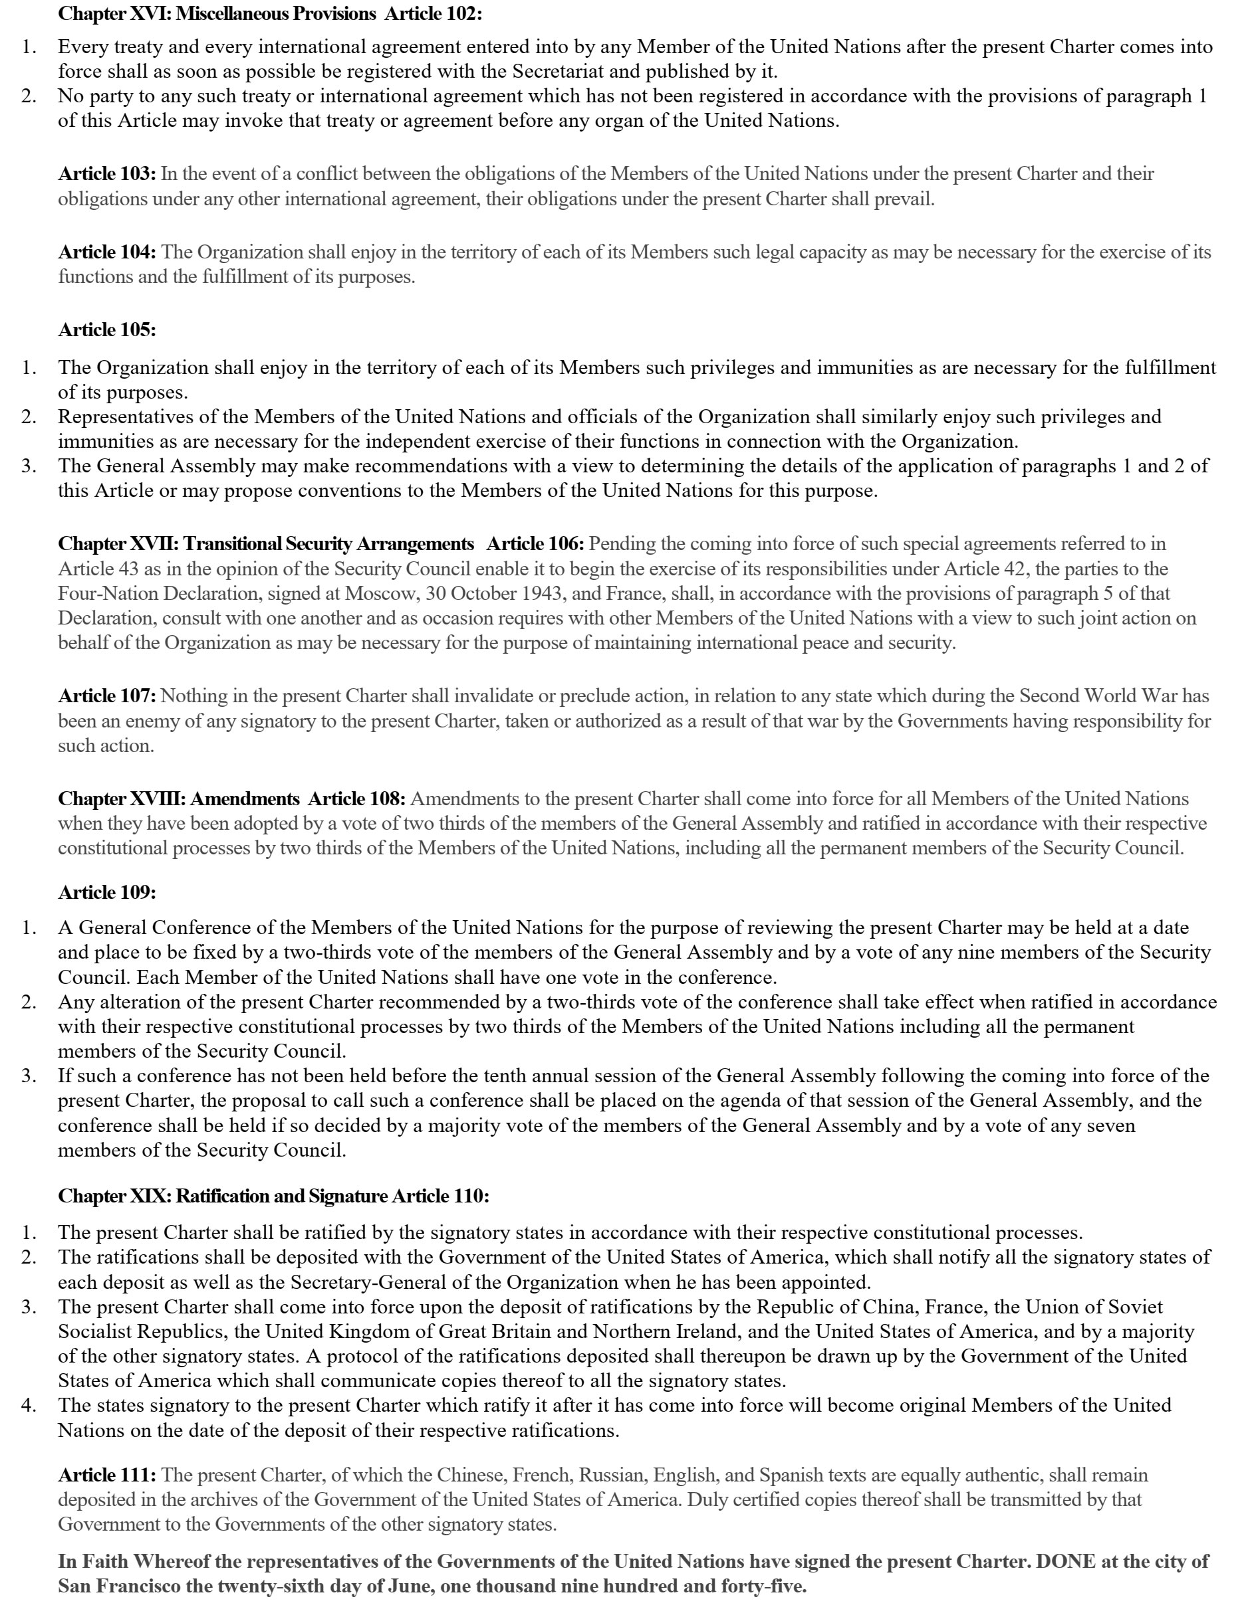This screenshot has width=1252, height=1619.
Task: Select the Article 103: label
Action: (x=107, y=174)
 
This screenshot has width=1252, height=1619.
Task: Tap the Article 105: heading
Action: (x=107, y=330)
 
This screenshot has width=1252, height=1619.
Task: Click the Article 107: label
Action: (x=107, y=696)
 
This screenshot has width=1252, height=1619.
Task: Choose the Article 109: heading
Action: (x=107, y=892)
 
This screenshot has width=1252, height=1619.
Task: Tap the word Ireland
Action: (x=701, y=1331)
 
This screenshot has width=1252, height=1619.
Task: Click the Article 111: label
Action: (x=107, y=1476)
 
